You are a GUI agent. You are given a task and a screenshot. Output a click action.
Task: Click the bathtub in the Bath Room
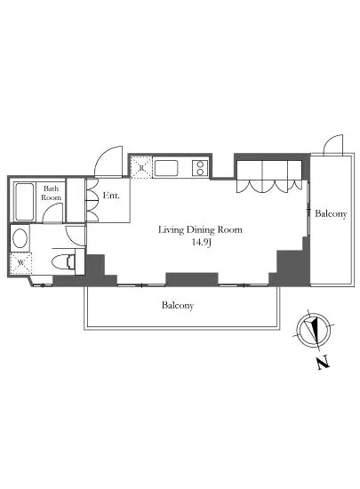pyautogui.click(x=24, y=202)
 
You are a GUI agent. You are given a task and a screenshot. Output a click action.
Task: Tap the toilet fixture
pyautogui.click(x=64, y=261)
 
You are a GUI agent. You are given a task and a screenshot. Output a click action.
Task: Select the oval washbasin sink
pyautogui.click(x=20, y=238)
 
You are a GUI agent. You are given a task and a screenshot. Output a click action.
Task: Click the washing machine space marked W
pyautogui.click(x=20, y=263)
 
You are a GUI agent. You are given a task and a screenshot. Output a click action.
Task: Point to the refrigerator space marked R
pyautogui.click(x=141, y=168)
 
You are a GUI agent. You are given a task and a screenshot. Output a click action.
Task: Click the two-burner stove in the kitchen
pyautogui.click(x=200, y=168)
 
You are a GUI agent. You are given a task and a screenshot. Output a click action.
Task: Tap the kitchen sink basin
pyautogui.click(x=166, y=168)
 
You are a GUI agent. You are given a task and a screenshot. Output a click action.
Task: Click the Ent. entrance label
pyautogui.click(x=111, y=196)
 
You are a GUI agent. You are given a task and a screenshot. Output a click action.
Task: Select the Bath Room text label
pyautogui.click(x=52, y=193)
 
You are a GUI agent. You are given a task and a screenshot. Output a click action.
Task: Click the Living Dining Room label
pyautogui.click(x=200, y=230)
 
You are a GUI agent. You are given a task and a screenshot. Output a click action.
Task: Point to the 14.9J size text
pyautogui.click(x=202, y=243)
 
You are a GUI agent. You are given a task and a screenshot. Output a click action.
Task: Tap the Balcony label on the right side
pyautogui.click(x=331, y=213)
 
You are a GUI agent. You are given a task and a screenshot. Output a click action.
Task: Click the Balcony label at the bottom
pyautogui.click(x=178, y=305)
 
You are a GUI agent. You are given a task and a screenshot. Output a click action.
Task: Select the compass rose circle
pyautogui.click(x=314, y=329)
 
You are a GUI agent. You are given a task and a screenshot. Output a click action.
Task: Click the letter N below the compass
pyautogui.click(x=324, y=363)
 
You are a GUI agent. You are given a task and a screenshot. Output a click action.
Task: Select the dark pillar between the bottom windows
pyautogui.click(x=192, y=279)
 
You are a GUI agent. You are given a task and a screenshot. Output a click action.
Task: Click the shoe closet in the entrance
pyautogui.click(x=92, y=200)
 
